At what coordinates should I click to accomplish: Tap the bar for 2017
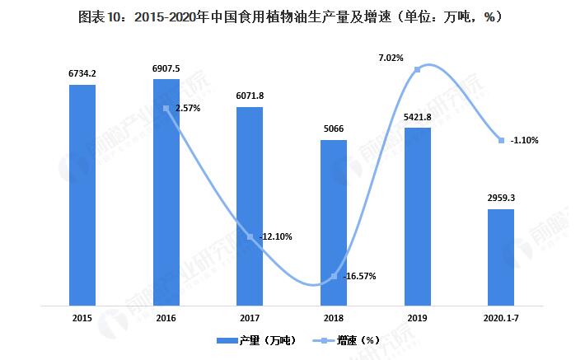[x=250, y=206]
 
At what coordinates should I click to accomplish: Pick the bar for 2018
[x=334, y=222]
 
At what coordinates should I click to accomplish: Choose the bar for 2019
[x=418, y=217]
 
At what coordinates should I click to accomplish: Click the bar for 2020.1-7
[x=501, y=257]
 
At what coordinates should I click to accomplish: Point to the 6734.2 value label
[x=82, y=73]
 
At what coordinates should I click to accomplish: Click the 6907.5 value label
[x=166, y=68]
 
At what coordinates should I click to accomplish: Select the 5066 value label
[x=334, y=129]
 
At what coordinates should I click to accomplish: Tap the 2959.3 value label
[x=501, y=198]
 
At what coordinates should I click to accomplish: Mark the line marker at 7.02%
[x=418, y=69]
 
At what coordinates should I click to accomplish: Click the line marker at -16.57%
[x=334, y=276]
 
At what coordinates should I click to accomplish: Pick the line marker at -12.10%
[x=250, y=237]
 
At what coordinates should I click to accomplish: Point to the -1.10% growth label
[x=525, y=140]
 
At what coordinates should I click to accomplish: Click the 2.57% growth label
[x=187, y=108]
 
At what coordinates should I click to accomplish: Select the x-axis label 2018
[x=334, y=316]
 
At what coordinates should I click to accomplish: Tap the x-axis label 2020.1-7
[x=501, y=316]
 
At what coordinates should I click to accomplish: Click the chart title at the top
[x=292, y=16]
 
